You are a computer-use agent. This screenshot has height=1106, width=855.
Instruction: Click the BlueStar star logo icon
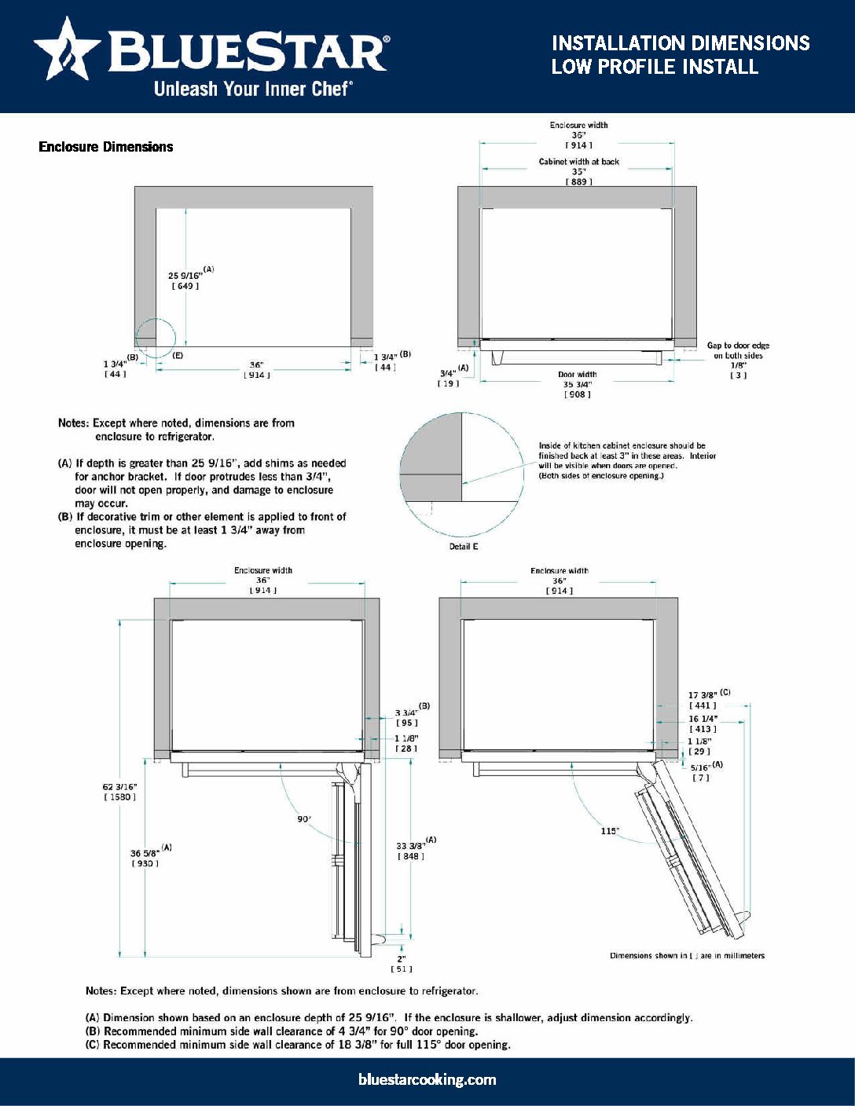(x=66, y=50)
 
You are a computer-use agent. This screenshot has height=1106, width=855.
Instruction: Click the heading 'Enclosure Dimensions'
(x=106, y=147)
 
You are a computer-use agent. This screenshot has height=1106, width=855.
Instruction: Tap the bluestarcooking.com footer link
(x=427, y=1079)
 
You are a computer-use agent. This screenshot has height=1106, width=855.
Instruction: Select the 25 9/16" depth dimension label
(x=185, y=276)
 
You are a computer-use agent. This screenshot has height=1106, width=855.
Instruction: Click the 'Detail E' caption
(x=464, y=546)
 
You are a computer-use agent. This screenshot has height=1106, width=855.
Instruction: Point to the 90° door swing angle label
(x=304, y=819)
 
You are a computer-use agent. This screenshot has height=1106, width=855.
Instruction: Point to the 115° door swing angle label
(x=610, y=831)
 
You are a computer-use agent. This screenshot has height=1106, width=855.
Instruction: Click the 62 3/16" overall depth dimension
(x=120, y=786)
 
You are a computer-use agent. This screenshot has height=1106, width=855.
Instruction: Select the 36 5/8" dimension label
(x=146, y=853)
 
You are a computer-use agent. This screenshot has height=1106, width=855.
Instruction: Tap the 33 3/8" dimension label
(x=411, y=846)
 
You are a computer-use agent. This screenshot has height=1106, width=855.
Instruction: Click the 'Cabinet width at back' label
(x=579, y=162)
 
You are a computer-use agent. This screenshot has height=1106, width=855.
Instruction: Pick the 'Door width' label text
(x=578, y=375)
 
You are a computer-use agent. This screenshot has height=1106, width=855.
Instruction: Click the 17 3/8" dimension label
(x=703, y=695)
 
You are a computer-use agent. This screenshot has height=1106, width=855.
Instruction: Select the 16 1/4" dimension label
(x=703, y=719)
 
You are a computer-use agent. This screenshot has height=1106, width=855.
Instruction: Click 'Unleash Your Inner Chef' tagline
(x=252, y=89)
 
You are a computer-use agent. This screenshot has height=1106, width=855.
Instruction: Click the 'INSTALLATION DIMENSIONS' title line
(x=681, y=43)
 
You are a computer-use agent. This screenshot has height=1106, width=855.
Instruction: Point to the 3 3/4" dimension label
(x=406, y=712)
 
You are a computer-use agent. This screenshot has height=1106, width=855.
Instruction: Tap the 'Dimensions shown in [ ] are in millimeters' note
(x=687, y=956)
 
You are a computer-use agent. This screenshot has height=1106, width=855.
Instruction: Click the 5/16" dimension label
(x=700, y=767)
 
